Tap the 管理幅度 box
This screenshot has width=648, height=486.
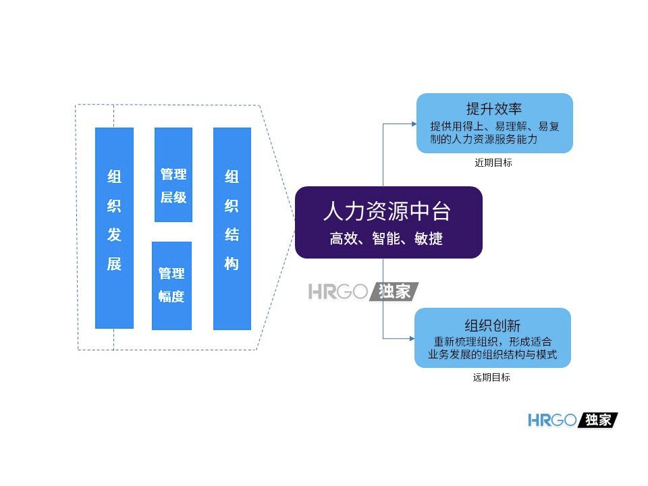click(171, 286)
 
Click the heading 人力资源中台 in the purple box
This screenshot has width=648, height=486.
click(387, 212)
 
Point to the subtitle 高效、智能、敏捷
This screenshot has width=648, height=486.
click(387, 238)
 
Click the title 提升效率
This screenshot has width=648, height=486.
click(495, 109)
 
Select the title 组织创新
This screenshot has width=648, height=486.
click(493, 325)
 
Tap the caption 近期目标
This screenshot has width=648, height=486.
click(493, 163)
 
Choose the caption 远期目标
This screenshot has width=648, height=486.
click(491, 378)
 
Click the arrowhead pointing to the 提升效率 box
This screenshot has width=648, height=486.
click(413, 124)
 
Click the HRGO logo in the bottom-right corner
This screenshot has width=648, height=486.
click(572, 420)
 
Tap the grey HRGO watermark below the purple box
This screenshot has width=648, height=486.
click(363, 292)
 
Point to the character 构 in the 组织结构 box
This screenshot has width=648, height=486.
click(232, 264)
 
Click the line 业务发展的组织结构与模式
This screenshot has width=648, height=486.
click(493, 354)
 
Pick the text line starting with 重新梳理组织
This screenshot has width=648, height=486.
click(493, 342)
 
